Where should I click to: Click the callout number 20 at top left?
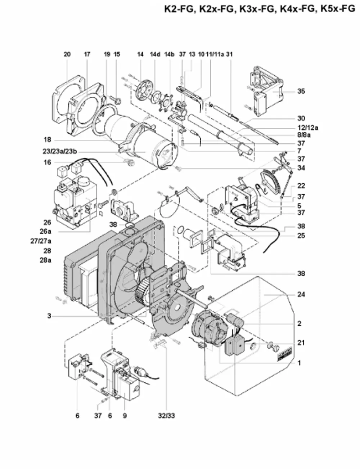[67, 54]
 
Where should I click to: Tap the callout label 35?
[301, 91]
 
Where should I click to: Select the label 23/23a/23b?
[60, 152]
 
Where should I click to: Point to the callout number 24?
[301, 294]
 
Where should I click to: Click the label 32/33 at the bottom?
[166, 416]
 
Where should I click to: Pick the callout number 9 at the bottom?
[125, 416]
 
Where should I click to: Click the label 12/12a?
[308, 128]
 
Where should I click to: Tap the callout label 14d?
[155, 54]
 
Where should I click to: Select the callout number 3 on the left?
[49, 316]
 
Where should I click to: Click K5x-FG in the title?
[338, 9]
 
